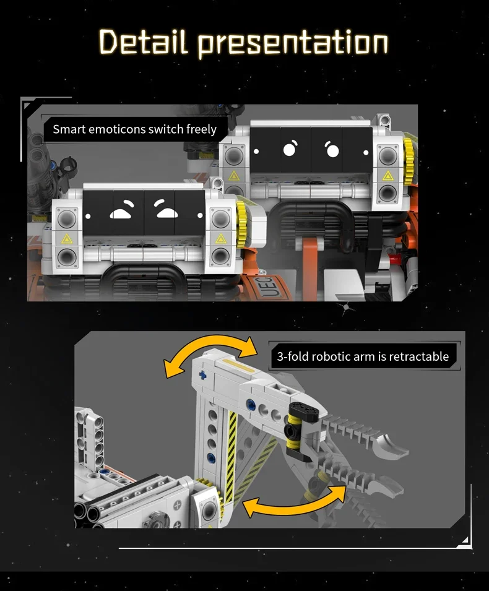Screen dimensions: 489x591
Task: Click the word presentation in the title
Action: point(293,44)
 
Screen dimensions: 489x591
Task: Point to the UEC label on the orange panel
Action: point(272,288)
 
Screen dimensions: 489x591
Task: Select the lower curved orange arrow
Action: point(295,499)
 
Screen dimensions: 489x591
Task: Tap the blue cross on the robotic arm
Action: point(203,376)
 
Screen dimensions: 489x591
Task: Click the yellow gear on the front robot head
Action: point(241,219)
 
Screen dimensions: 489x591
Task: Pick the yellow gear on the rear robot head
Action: point(409,156)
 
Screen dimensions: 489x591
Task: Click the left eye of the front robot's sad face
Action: point(121,210)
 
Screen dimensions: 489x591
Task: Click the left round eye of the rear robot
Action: point(290,148)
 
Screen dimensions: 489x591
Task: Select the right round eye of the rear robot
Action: point(332,150)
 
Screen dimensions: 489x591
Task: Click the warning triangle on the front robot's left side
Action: point(67,239)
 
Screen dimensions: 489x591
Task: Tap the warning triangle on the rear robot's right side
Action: point(388,176)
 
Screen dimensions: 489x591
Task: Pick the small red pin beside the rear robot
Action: point(395,259)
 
